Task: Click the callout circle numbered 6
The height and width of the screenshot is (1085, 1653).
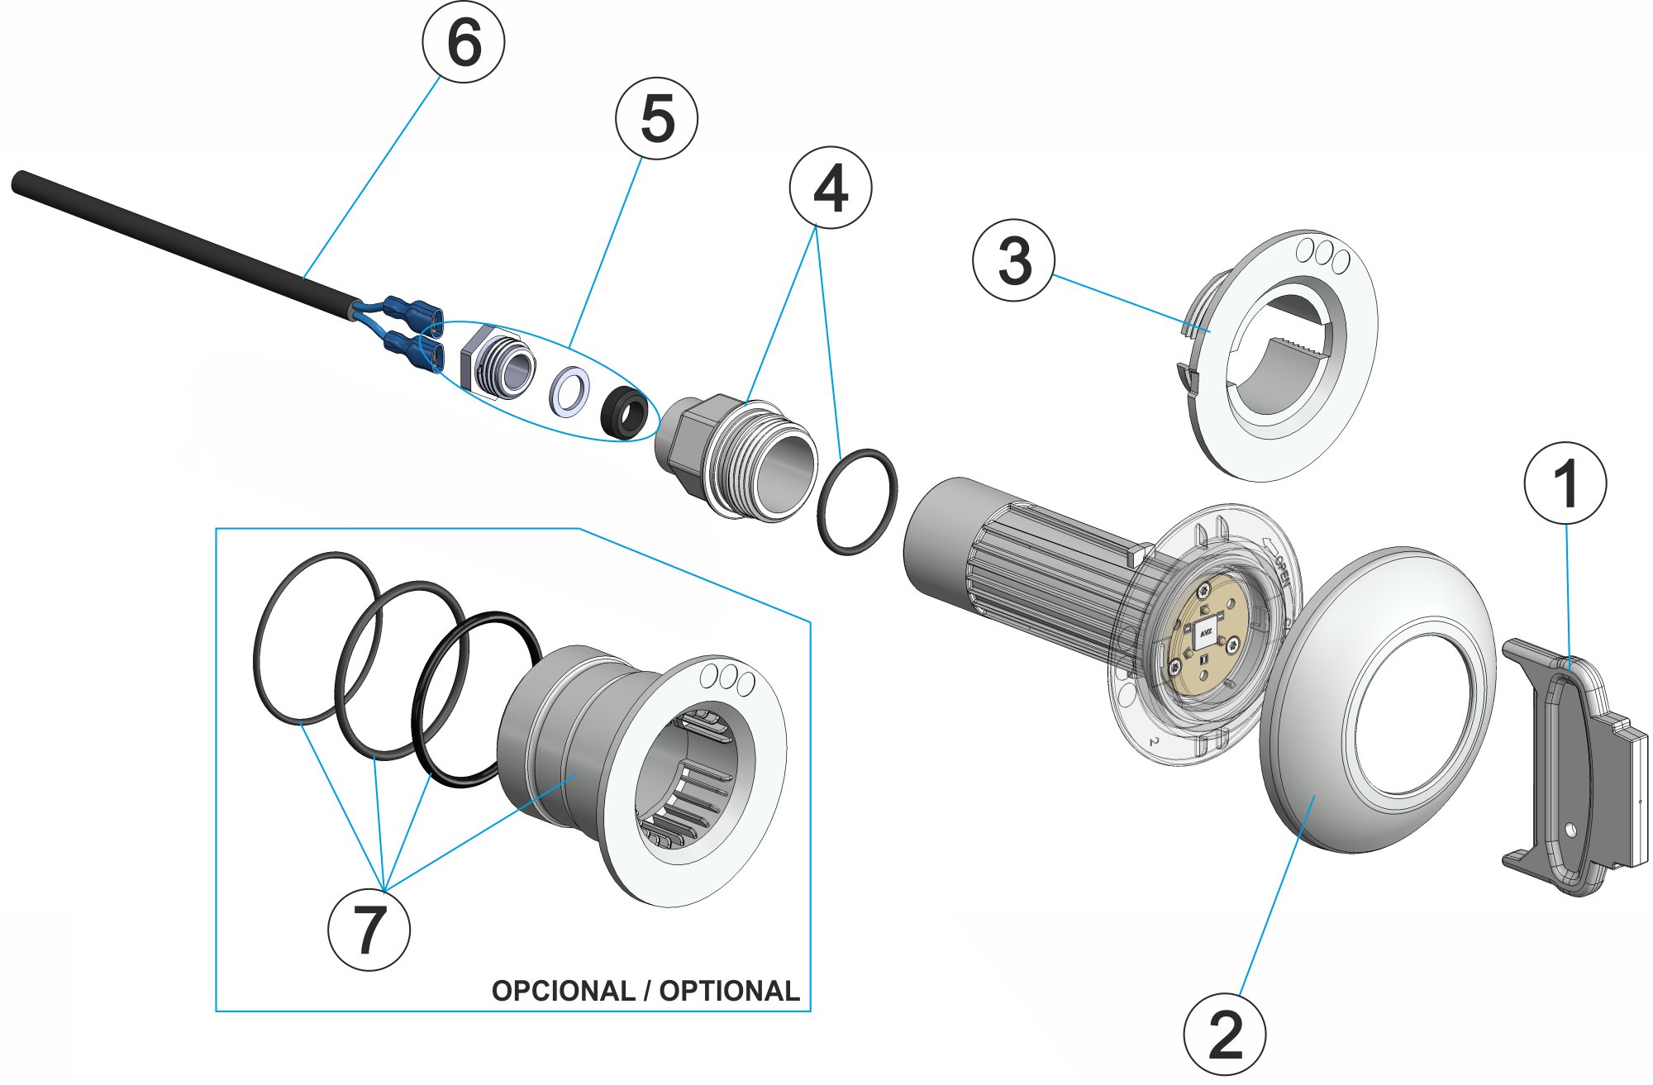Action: click(x=463, y=40)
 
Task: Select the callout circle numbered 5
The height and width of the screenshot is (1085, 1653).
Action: click(x=656, y=118)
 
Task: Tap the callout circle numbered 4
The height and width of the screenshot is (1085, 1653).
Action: click(x=830, y=188)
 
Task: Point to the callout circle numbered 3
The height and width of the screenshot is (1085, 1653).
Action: click(x=1014, y=259)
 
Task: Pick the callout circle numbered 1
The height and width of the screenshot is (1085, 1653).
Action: click(x=1565, y=483)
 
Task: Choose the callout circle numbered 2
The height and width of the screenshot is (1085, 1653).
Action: click(x=1224, y=1034)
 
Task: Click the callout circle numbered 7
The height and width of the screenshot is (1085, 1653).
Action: click(x=369, y=929)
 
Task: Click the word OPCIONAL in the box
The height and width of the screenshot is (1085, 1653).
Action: click(x=563, y=991)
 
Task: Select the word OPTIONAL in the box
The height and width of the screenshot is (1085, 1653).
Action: click(x=729, y=991)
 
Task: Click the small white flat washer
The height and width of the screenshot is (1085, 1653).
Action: click(x=569, y=392)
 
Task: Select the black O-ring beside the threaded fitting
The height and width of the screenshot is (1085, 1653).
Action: click(x=856, y=502)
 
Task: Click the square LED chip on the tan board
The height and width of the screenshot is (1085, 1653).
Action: click(x=1205, y=634)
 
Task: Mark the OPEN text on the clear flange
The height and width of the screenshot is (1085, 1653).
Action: click(x=1281, y=569)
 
